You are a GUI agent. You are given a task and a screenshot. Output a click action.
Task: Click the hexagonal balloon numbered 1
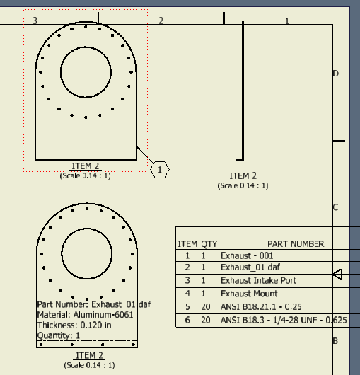(x=160, y=170)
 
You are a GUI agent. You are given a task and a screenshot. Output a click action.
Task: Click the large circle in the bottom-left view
(x=87, y=253)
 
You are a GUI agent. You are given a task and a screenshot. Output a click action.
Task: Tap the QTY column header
(x=209, y=243)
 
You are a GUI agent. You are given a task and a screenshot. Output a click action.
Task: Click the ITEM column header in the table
(x=187, y=243)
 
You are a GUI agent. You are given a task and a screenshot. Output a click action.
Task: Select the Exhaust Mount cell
(x=248, y=294)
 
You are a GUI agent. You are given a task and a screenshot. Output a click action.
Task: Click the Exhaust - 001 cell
(x=247, y=256)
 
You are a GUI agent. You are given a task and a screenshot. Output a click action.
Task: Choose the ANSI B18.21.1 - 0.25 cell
(x=261, y=306)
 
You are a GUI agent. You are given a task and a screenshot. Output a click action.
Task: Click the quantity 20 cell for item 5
(x=206, y=306)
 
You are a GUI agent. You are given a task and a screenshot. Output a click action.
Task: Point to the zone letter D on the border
(x=335, y=74)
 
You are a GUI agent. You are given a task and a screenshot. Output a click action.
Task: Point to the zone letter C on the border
(x=335, y=207)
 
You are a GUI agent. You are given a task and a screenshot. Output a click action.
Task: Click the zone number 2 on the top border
(x=161, y=21)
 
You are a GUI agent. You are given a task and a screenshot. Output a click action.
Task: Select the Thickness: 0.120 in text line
(x=74, y=325)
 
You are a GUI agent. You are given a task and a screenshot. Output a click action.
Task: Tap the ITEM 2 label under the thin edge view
(x=243, y=176)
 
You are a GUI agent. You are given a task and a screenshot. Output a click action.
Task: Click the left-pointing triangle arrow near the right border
(x=337, y=275)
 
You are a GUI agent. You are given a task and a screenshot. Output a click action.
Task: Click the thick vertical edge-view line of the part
(x=243, y=92)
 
